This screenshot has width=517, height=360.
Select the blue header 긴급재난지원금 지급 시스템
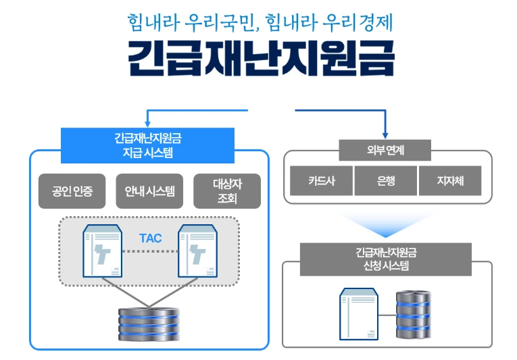coord(147,145)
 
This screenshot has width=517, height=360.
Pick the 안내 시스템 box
coord(149,191)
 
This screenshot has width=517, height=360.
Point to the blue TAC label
coord(150,238)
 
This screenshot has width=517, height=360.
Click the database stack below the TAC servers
coord(149,323)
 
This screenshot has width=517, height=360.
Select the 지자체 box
coord(449,181)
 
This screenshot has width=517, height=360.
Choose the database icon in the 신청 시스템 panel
coord(412,314)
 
